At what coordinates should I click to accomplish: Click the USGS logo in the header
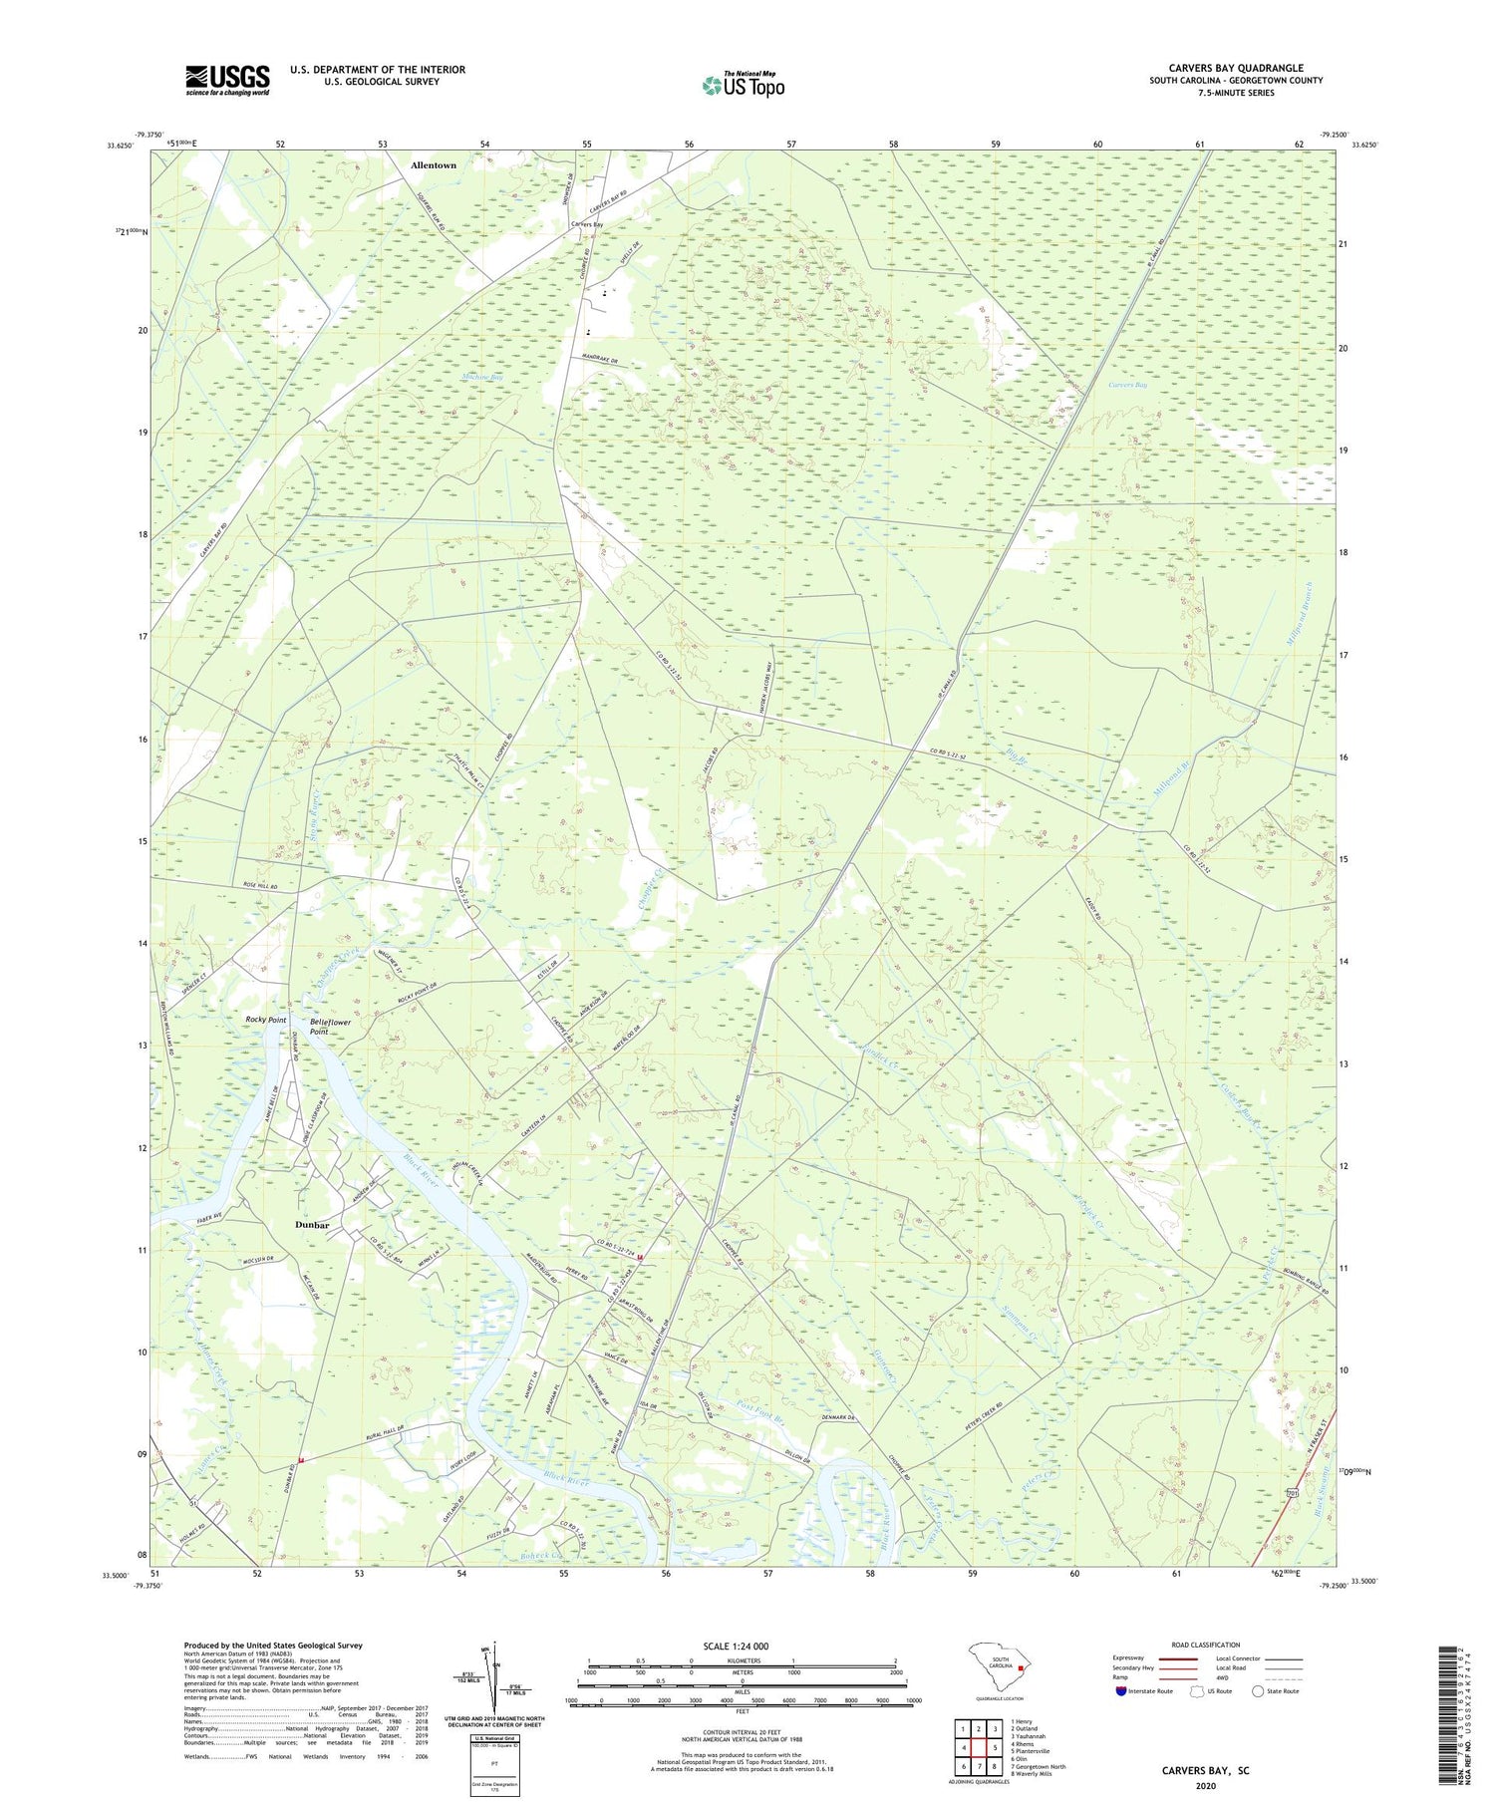227,80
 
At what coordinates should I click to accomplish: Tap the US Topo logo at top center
743,86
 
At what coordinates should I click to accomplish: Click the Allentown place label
434,165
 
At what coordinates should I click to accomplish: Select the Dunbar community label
312,1224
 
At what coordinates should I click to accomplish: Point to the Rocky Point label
266,1020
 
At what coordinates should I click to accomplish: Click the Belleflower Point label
332,1028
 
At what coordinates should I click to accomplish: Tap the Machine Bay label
482,378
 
